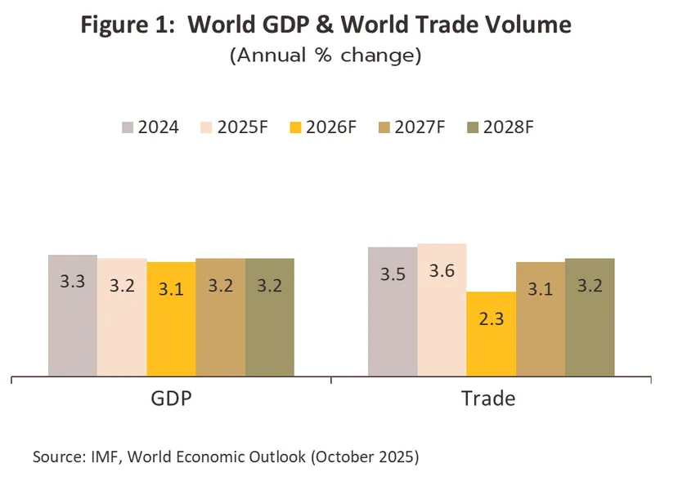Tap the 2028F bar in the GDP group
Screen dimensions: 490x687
(269, 318)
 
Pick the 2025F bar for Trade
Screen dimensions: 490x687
(442, 311)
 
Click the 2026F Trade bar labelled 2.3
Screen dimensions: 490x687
(491, 335)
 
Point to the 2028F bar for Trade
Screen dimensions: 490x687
(590, 318)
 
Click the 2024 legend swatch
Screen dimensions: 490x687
(128, 127)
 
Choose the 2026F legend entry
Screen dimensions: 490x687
(327, 127)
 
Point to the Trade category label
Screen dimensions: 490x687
(488, 399)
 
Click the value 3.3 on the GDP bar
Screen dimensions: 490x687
(73, 282)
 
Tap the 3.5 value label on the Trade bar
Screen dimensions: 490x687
(393, 274)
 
